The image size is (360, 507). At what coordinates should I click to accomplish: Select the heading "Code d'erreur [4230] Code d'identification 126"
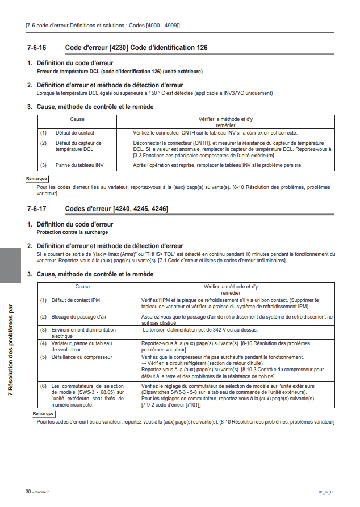[136, 48]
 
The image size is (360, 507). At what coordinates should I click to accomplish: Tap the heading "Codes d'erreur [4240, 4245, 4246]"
[117, 209]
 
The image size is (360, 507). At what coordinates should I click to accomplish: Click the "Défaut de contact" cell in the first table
[75, 132]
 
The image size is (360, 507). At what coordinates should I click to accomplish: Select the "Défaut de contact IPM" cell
[76, 299]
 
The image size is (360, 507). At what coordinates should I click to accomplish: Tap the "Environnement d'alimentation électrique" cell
[83, 333]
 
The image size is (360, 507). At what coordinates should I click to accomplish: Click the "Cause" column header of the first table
[77, 119]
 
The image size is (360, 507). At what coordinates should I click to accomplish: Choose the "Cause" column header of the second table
[82, 287]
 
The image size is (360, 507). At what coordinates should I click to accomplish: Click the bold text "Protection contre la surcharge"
[72, 232]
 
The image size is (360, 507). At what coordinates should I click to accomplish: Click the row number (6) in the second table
[43, 386]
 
